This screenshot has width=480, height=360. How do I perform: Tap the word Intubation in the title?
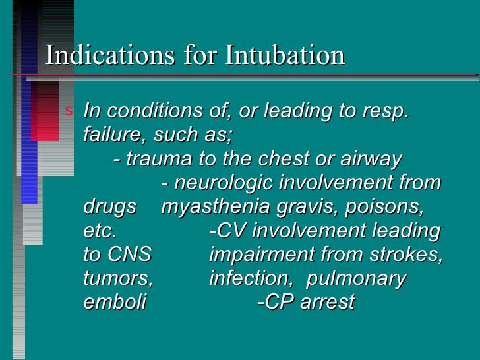coord(285,55)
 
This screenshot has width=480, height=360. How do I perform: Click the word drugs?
coord(110,207)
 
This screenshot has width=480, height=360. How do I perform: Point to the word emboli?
coord(115,302)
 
